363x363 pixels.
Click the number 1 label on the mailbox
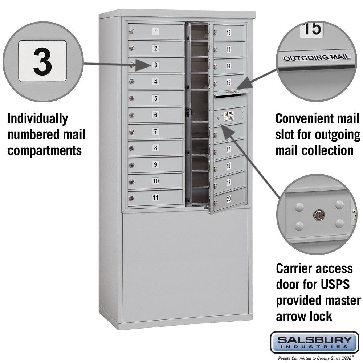tap(156, 32)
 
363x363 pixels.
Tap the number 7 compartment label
tap(156, 131)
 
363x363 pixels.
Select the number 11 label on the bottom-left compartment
tap(156, 197)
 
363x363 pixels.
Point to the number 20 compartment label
tap(228, 199)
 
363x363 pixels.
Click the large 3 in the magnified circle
tap(42, 61)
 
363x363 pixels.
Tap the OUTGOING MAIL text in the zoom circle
tap(317, 57)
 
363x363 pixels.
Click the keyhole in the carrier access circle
tap(318, 215)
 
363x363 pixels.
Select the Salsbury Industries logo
tap(314, 342)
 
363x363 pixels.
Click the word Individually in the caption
tap(38, 119)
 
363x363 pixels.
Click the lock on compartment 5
tap(132, 98)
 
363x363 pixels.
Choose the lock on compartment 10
tap(132, 181)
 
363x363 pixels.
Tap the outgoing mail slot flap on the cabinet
tap(232, 94)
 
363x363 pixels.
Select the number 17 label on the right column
tap(228, 149)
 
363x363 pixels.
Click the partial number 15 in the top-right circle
tap(311, 29)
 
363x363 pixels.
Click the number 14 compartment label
tap(228, 66)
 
